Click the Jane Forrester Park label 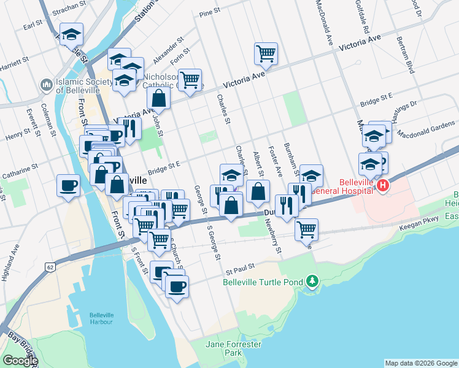[233, 348]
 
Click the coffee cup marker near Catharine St [68, 185]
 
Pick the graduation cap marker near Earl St [71, 34]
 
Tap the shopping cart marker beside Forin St [190, 79]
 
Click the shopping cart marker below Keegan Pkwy [306, 230]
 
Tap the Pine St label [209, 12]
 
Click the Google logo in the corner [20, 360]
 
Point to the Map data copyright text [420, 363]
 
